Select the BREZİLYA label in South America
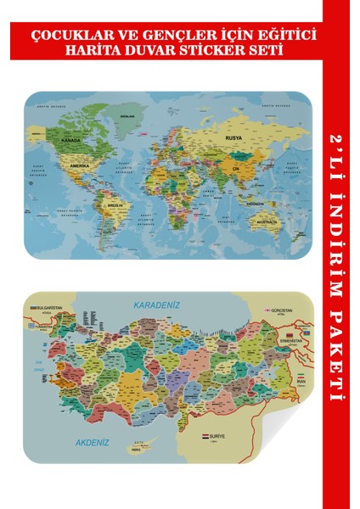[x=116, y=205]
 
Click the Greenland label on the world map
[x=129, y=116]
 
